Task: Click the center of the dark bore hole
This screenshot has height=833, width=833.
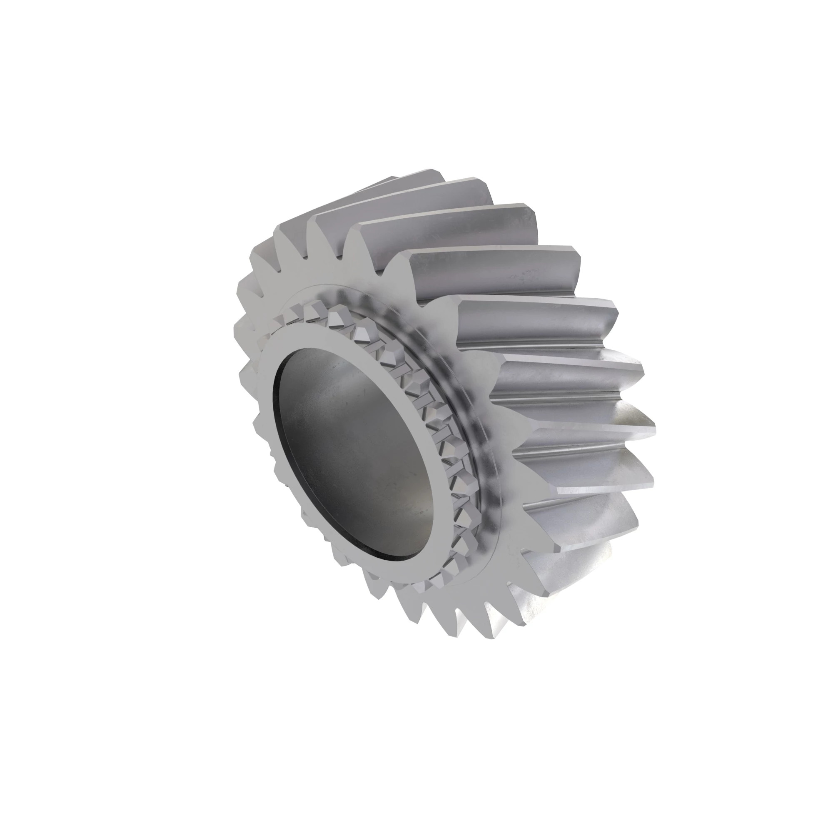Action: coord(354,453)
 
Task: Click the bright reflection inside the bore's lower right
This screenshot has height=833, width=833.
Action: coord(414,509)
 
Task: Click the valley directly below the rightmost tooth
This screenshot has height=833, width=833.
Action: coord(582,453)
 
